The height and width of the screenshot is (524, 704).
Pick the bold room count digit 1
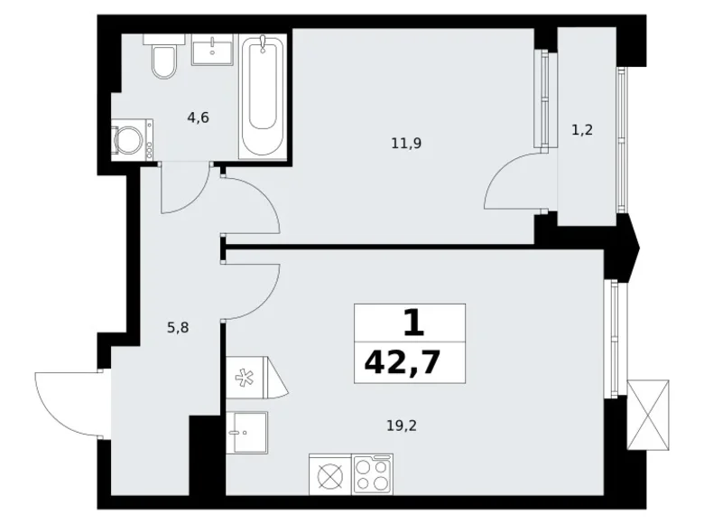pyautogui.click(x=411, y=323)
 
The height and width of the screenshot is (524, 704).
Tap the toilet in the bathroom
pyautogui.click(x=165, y=60)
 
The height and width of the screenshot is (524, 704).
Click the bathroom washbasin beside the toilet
pyautogui.click(x=216, y=49)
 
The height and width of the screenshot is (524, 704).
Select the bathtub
pyautogui.click(x=264, y=96)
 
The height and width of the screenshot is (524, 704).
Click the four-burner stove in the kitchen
pyautogui.click(x=372, y=473)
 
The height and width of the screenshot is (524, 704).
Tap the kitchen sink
pyautogui.click(x=245, y=432)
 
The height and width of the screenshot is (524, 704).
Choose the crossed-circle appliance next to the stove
pyautogui.click(x=329, y=473)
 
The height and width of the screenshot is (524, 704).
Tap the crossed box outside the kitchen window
pyautogui.click(x=650, y=414)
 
